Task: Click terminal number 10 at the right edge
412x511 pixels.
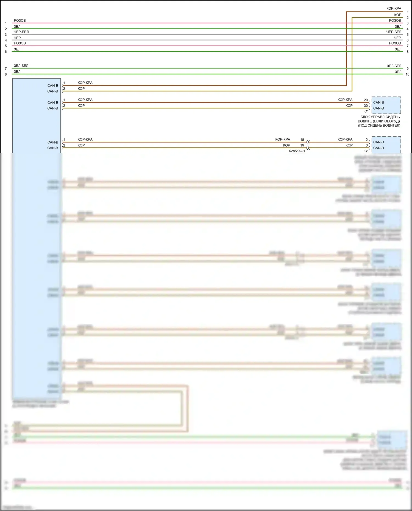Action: click(407, 74)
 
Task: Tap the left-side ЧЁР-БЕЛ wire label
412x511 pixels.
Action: click(21, 32)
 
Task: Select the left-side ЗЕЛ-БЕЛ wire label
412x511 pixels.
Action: click(21, 66)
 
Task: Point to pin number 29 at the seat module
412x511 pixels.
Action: click(366, 100)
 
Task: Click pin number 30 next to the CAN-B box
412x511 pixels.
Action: click(366, 106)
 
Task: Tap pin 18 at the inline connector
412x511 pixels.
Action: click(302, 140)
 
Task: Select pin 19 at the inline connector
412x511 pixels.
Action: click(302, 146)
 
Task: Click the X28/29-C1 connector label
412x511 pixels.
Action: click(297, 151)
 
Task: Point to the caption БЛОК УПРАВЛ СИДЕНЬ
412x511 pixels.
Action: click(380, 117)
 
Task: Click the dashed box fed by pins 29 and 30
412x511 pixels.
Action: click(386, 105)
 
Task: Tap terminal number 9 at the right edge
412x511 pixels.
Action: click(407, 69)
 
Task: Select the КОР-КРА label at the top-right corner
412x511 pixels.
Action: click(394, 9)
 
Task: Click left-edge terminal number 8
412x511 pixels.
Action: click(6, 74)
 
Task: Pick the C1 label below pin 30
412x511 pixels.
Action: click(366, 111)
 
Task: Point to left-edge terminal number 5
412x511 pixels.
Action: click(6, 46)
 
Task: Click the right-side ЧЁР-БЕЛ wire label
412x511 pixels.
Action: click(394, 32)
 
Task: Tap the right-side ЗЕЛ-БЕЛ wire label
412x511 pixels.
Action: click(394, 66)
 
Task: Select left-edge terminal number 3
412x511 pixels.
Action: click(6, 35)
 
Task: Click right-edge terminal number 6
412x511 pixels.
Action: click(407, 40)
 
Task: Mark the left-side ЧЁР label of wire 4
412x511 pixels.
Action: click(17, 38)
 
